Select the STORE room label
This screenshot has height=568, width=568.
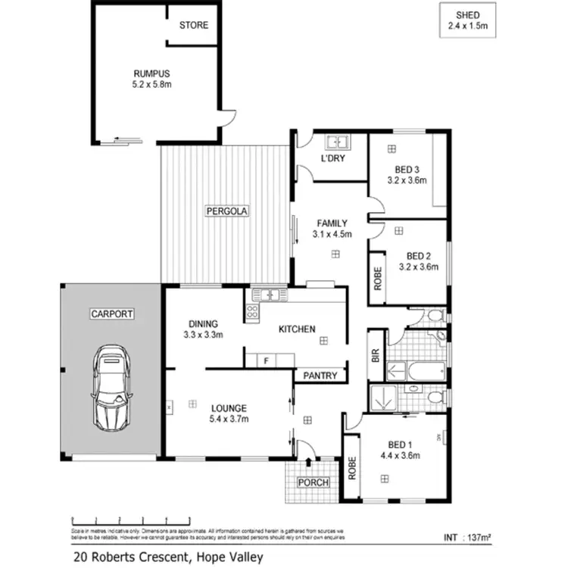(x=193, y=25)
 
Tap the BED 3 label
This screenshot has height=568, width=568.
(x=407, y=170)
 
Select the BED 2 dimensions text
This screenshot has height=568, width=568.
(x=418, y=267)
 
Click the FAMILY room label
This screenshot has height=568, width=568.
(x=332, y=223)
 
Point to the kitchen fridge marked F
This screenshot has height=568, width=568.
(x=266, y=360)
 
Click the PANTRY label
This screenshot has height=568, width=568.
(x=320, y=375)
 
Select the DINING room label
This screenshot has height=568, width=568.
(x=202, y=322)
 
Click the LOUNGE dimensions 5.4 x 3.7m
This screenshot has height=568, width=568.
(x=228, y=419)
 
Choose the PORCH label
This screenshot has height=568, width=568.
(x=313, y=482)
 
